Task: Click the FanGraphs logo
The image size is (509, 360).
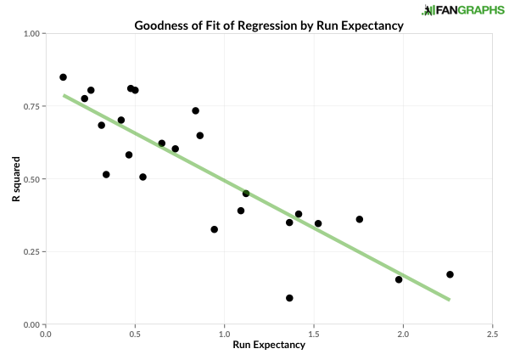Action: coord(462,10)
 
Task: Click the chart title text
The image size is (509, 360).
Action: coord(269,25)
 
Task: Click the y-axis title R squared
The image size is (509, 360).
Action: coord(16,179)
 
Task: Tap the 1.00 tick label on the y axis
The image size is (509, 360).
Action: coord(32,34)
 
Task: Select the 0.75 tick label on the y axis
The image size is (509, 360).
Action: coord(32,107)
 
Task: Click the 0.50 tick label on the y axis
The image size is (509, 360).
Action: coord(32,179)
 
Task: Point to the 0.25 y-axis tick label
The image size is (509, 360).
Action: coord(32,252)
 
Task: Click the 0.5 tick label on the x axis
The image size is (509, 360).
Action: coord(135,334)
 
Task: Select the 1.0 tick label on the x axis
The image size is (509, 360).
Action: coord(224,334)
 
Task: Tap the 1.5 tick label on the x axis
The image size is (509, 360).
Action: coord(313,334)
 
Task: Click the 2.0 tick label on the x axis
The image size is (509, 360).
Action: coord(402,334)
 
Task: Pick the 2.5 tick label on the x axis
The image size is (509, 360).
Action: coord(491,334)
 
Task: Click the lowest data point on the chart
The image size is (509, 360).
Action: coord(289,298)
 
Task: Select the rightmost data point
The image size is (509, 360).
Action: coord(450,274)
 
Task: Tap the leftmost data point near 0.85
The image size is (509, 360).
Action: coord(63,77)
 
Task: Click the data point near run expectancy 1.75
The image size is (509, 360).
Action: coord(359,219)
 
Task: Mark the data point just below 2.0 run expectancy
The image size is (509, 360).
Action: coord(399,279)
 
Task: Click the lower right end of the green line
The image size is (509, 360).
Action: coord(449,299)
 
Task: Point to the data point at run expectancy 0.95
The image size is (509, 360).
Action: coord(214,229)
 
